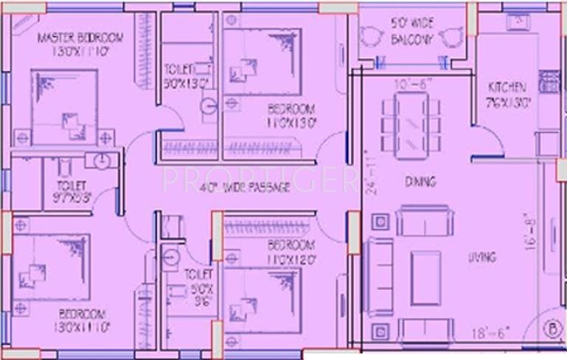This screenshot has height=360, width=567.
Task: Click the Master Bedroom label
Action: (80, 44)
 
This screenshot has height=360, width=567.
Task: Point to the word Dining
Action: (420, 181)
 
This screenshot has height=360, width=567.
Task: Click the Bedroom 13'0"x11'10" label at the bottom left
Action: (82, 319)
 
